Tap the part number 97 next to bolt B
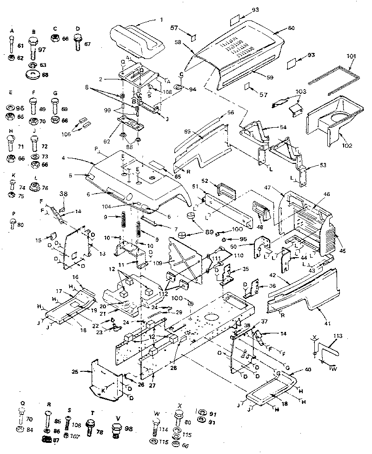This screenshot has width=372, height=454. (x=42, y=50)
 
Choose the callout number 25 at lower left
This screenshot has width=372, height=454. (x=82, y=371)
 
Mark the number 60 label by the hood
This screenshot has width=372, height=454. (x=291, y=28)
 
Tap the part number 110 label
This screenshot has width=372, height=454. (x=239, y=255)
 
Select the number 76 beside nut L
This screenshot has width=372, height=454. (x=46, y=188)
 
